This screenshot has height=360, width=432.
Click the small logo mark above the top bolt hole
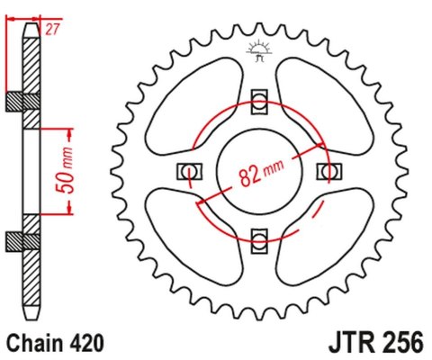pyautogui.click(x=258, y=53)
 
